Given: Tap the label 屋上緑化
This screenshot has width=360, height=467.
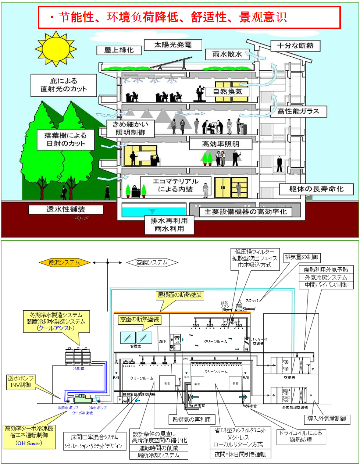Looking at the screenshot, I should coord(118,50).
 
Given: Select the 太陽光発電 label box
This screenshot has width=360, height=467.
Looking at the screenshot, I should coord(172,45).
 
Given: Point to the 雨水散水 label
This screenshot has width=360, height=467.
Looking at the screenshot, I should coord(227,54).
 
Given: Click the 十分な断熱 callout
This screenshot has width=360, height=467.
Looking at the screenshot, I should coord(295,46).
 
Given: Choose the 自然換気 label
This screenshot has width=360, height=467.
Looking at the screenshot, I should coord(228,92).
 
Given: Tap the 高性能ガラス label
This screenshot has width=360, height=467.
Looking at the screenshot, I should coord(298,111).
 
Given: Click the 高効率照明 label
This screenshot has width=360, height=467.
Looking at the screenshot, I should coord(221,144).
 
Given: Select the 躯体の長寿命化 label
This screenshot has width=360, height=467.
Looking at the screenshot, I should coord(316,189).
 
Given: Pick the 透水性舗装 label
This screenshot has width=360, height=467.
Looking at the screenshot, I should coord(66,210).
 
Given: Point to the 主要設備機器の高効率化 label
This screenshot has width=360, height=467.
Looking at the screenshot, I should coord(245,212).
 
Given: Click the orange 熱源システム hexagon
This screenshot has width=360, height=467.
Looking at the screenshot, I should coord(64,262).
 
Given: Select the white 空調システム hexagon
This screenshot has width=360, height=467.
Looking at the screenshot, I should coord(152,262).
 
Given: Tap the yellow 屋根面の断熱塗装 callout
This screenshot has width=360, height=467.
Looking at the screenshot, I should coord(180,295).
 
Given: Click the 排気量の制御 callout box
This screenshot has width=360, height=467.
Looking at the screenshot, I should coord(302,257).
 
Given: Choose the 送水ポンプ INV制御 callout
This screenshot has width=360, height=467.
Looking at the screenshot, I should coord(21,382).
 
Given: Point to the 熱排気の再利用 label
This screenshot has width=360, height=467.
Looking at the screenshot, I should coord(192,419).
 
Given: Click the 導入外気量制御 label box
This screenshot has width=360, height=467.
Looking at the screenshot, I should coord(327,418).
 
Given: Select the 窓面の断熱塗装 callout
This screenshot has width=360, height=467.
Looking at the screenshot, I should coord(139,320).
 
